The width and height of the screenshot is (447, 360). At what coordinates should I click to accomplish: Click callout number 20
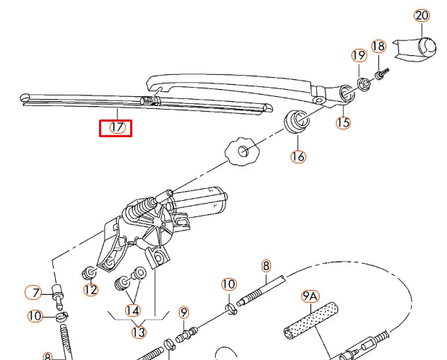[422, 15]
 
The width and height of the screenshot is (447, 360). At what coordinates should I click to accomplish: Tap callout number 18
[378, 47]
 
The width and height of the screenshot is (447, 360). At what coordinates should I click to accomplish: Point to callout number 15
[343, 122]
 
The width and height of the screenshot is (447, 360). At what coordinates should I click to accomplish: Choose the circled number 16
[298, 156]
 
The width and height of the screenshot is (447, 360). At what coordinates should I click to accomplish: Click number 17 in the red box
[116, 128]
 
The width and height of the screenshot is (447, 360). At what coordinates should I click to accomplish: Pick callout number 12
[90, 289]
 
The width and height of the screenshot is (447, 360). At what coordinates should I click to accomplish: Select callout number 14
[133, 310]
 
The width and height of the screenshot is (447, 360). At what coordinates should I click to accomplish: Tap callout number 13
[139, 332]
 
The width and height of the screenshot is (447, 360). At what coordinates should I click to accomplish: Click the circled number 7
[33, 291]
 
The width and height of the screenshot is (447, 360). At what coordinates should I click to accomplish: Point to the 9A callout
[310, 297]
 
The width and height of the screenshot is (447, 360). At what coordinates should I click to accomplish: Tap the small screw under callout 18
[382, 71]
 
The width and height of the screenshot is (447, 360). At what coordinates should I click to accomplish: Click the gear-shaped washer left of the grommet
[242, 151]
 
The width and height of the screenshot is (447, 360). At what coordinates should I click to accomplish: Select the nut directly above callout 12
[91, 272]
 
